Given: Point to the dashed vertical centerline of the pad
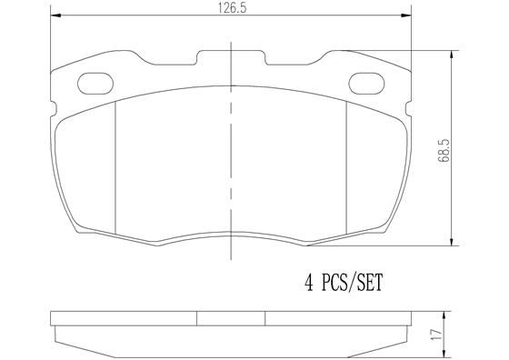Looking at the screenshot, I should [230, 155].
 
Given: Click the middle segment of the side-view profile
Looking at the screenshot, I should [231, 320].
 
